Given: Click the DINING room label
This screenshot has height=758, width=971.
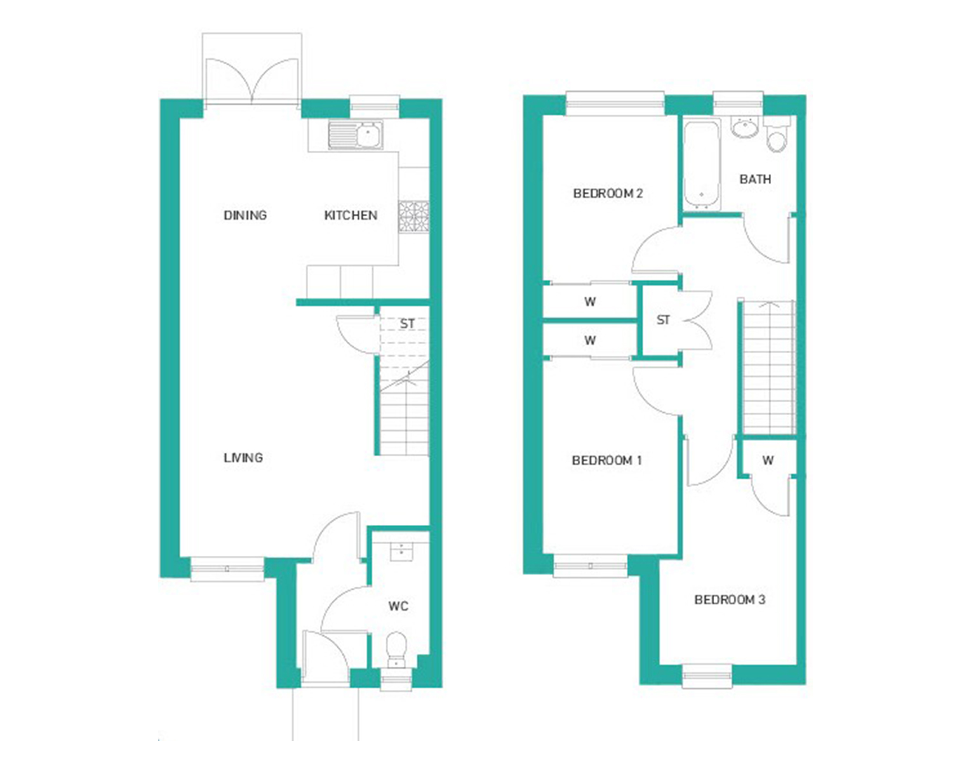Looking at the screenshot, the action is click(x=245, y=215).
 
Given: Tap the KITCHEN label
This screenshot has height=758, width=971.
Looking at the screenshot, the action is click(x=351, y=215).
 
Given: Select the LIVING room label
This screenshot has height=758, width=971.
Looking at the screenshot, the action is click(x=243, y=458).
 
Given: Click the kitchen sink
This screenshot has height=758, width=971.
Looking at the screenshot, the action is click(x=356, y=134).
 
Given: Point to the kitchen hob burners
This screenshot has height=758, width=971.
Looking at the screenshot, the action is click(x=414, y=217).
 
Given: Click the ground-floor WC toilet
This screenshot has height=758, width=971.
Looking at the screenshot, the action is click(x=396, y=649).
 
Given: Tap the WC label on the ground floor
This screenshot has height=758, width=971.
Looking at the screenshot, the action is click(x=398, y=606).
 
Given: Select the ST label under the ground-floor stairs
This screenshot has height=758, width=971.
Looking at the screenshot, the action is click(x=407, y=323).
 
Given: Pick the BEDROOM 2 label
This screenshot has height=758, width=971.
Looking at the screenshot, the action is click(x=608, y=194).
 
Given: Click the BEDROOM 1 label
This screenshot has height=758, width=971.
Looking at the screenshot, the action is click(x=607, y=460).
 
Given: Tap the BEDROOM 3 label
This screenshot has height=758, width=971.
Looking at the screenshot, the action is click(x=730, y=600).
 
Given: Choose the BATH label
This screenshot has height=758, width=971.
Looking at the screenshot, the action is click(x=755, y=179).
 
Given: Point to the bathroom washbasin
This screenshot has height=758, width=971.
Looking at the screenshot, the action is click(x=745, y=127).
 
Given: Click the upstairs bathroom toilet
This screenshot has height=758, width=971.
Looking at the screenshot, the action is click(x=777, y=135).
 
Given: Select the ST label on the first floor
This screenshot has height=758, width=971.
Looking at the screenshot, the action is click(x=663, y=320).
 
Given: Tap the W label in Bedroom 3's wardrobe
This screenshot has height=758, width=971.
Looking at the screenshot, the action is click(x=768, y=460).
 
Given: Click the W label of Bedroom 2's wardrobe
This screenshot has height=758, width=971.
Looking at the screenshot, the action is click(x=590, y=302).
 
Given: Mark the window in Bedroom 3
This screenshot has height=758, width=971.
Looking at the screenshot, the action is click(x=707, y=677).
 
